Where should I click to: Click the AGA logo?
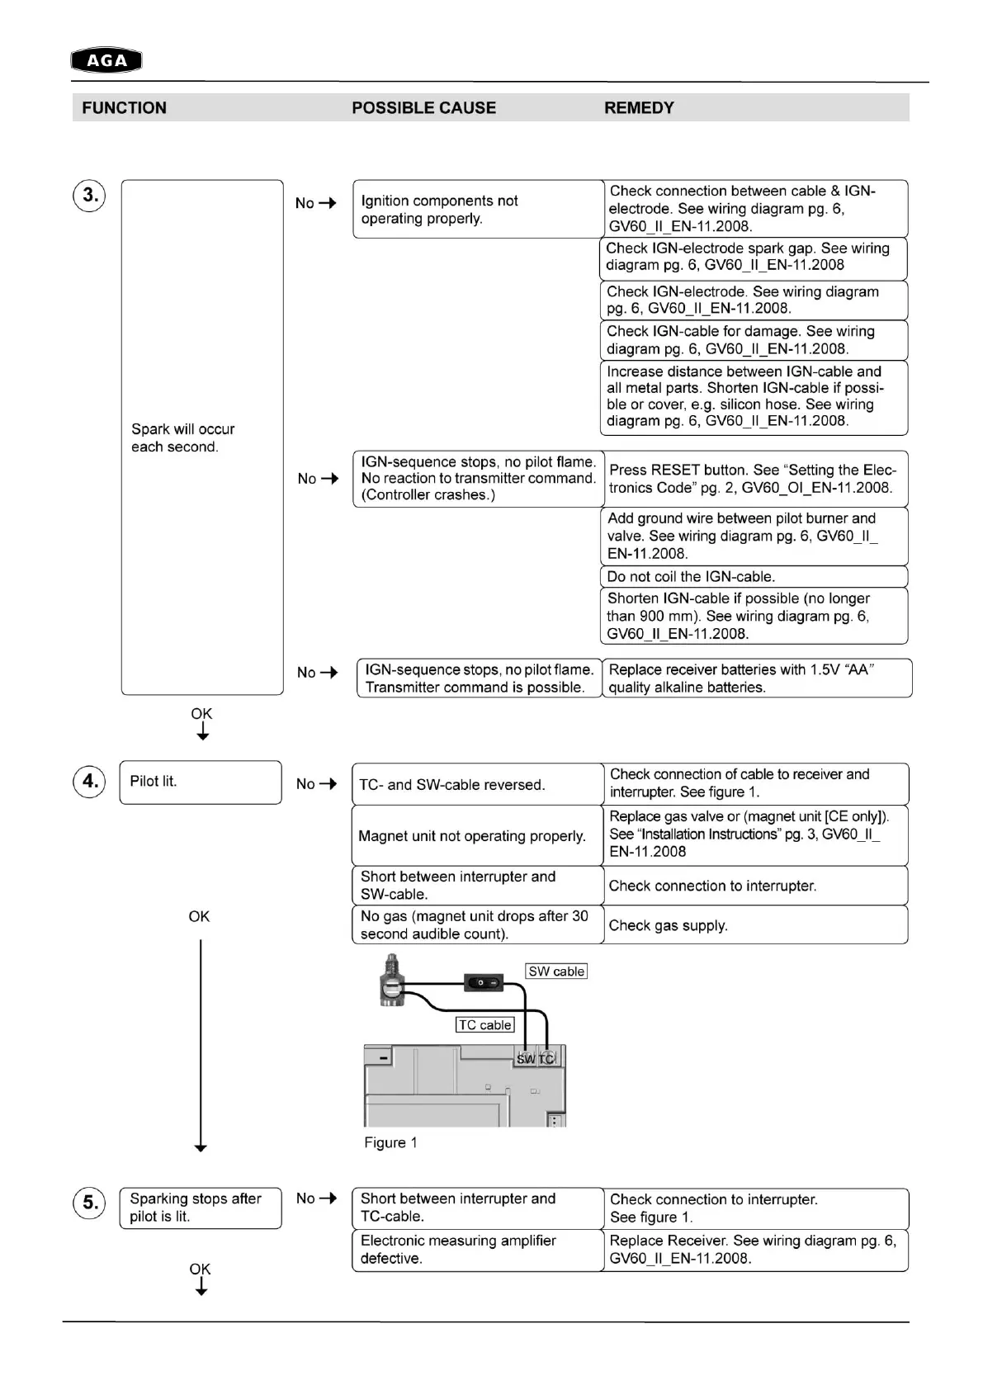(x=106, y=60)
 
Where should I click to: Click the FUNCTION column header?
(x=124, y=108)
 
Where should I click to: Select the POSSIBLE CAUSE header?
(x=423, y=108)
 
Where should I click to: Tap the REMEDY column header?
(x=639, y=108)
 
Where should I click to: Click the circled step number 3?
(x=90, y=196)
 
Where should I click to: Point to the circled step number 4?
(x=90, y=781)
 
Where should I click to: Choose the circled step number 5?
(x=90, y=1203)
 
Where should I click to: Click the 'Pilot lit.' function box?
(x=201, y=782)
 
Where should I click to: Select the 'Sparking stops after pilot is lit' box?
(x=201, y=1208)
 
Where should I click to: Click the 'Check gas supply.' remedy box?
(x=755, y=925)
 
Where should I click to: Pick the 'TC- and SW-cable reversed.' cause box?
(x=477, y=784)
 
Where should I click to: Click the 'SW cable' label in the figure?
(x=556, y=972)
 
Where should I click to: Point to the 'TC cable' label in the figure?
(x=485, y=1025)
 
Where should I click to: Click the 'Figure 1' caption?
(x=390, y=1142)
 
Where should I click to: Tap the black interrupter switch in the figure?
(x=484, y=983)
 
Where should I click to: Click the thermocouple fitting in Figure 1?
(x=391, y=982)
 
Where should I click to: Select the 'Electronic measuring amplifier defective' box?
(x=477, y=1250)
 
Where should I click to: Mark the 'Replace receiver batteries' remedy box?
(x=757, y=678)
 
